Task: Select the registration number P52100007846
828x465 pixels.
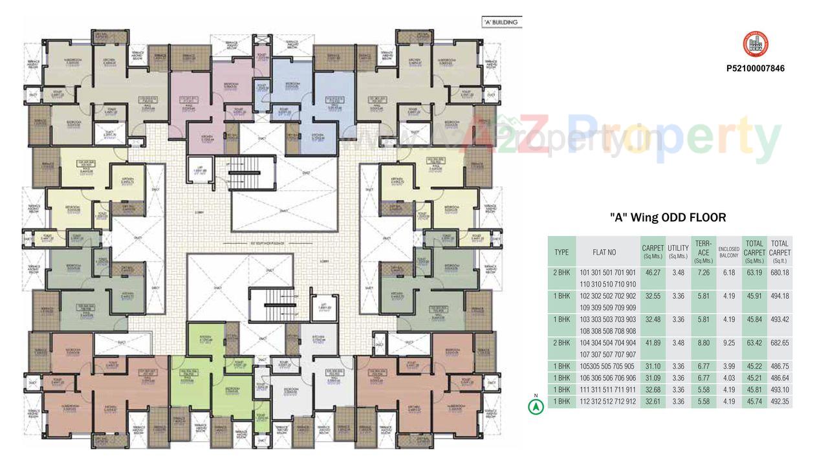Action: click(x=756, y=68)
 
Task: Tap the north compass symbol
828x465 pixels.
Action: click(x=535, y=407)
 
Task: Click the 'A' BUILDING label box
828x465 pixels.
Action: click(x=501, y=22)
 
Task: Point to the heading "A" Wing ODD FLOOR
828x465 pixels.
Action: click(x=668, y=217)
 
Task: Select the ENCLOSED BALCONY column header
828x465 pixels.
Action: click(x=728, y=252)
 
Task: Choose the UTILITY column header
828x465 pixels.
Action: click(x=678, y=252)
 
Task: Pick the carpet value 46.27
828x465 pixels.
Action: click(x=653, y=273)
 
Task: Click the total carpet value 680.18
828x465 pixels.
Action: click(x=780, y=273)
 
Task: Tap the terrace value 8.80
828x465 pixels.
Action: click(x=703, y=343)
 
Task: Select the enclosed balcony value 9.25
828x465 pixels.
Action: click(x=729, y=343)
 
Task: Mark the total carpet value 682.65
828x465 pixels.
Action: click(x=780, y=343)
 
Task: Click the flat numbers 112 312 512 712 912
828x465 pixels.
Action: click(x=607, y=402)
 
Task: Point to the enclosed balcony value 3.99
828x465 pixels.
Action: click(x=729, y=366)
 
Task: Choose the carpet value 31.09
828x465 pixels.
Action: click(x=653, y=378)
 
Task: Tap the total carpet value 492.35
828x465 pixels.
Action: click(x=780, y=402)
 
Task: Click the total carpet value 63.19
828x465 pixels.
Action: click(x=754, y=273)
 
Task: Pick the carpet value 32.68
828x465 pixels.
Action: click(x=653, y=390)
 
